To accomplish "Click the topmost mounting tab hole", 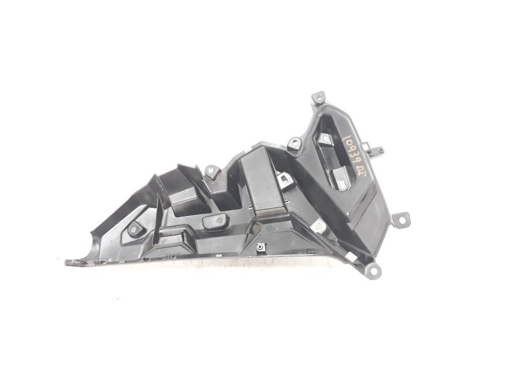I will [317, 98].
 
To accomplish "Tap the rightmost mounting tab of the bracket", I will [401, 220].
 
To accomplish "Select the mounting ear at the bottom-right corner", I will [373, 271].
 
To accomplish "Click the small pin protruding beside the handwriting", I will [381, 151].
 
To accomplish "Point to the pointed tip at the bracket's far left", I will [69, 262].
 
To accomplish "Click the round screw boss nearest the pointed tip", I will [135, 229].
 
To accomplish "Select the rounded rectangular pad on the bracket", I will [217, 222].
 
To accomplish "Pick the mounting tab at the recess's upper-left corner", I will [294, 144].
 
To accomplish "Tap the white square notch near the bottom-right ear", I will [319, 225].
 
